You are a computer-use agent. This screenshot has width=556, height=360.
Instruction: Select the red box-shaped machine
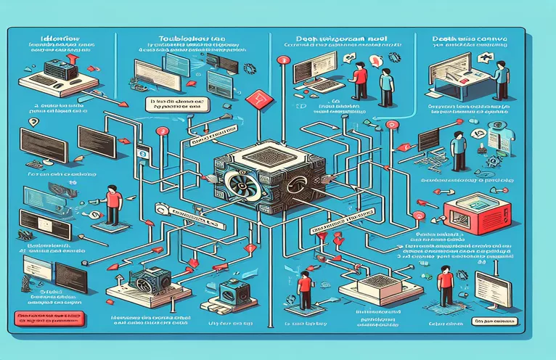(471, 208)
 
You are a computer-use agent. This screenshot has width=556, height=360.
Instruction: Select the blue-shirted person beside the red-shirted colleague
(386, 86)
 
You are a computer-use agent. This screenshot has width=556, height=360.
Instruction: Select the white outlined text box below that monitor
(500, 320)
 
